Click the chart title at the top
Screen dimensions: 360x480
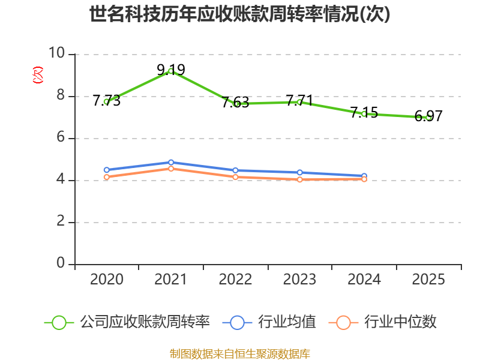pos(240,14)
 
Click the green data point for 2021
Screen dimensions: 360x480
pos(171,71)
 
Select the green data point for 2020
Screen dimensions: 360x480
pos(106,101)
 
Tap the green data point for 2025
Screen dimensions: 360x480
pos(428,117)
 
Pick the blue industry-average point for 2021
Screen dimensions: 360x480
pos(171,162)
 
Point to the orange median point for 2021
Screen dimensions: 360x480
pos(171,169)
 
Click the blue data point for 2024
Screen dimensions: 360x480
pos(364,176)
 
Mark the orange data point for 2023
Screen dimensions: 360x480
pos(299,179)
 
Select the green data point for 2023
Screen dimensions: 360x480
pos(299,102)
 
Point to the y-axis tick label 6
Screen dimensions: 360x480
pos(61,137)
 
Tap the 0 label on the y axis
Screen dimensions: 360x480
pos(61,263)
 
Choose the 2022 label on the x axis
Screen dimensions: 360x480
pos(235,280)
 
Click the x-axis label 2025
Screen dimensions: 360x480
pos(428,280)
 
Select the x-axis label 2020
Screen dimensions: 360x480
pos(106,280)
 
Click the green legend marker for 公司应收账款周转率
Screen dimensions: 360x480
pos(59,322)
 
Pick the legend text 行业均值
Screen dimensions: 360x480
pos(287,322)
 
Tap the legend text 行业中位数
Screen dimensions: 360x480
pos(401,322)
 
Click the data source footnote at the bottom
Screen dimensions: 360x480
pos(240,353)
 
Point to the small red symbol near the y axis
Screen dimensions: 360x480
pos(38,75)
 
